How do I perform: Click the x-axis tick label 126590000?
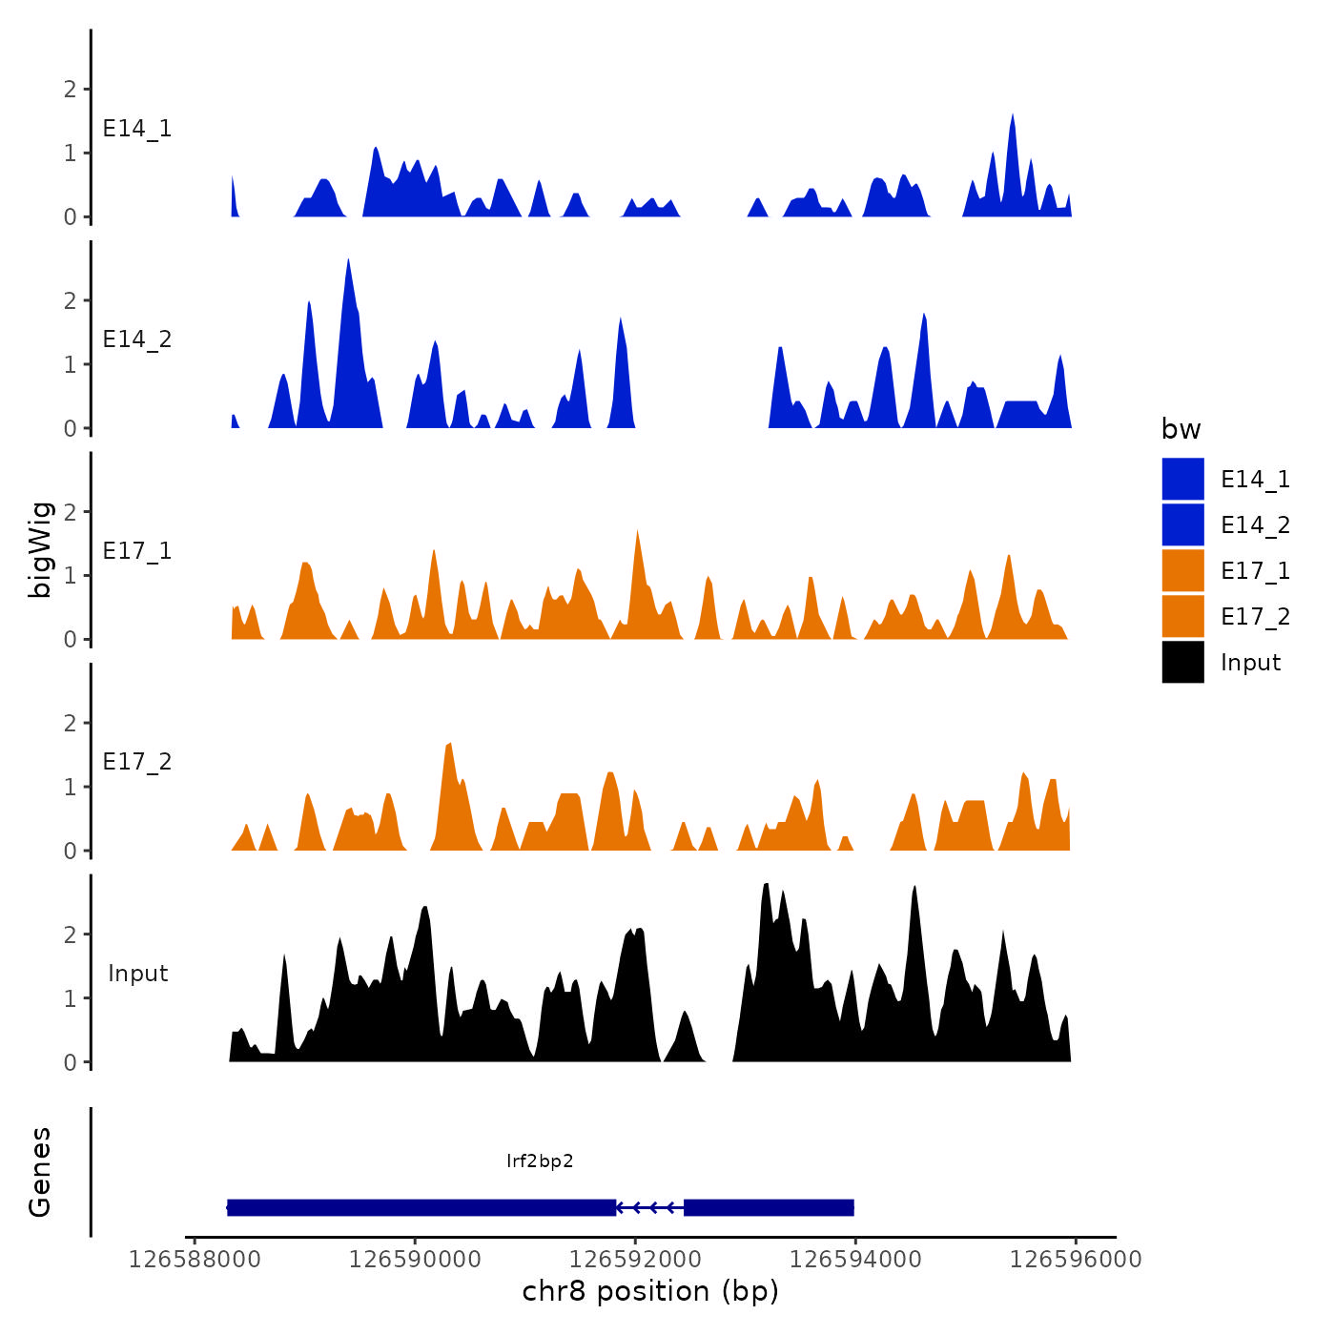[415, 1260]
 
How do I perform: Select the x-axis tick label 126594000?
[855, 1260]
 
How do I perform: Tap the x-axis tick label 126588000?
[195, 1260]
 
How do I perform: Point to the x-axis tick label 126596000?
[1076, 1260]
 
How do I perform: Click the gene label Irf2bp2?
[540, 1160]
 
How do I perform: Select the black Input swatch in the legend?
[1182, 663]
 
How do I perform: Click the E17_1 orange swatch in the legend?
[1182, 571]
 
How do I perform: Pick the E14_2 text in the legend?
[1255, 525]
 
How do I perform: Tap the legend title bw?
[1181, 429]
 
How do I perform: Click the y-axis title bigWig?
[40, 549]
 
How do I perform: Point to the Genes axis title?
[40, 1172]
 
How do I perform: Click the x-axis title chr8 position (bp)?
[650, 1292]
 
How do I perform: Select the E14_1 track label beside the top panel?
[137, 129]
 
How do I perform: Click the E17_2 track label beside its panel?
[137, 762]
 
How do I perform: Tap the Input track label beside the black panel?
[137, 974]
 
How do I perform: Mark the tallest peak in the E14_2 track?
[348, 260]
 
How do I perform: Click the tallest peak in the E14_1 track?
[1013, 115]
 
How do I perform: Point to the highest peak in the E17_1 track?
[637, 531]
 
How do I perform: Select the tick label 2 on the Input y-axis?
[70, 934]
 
